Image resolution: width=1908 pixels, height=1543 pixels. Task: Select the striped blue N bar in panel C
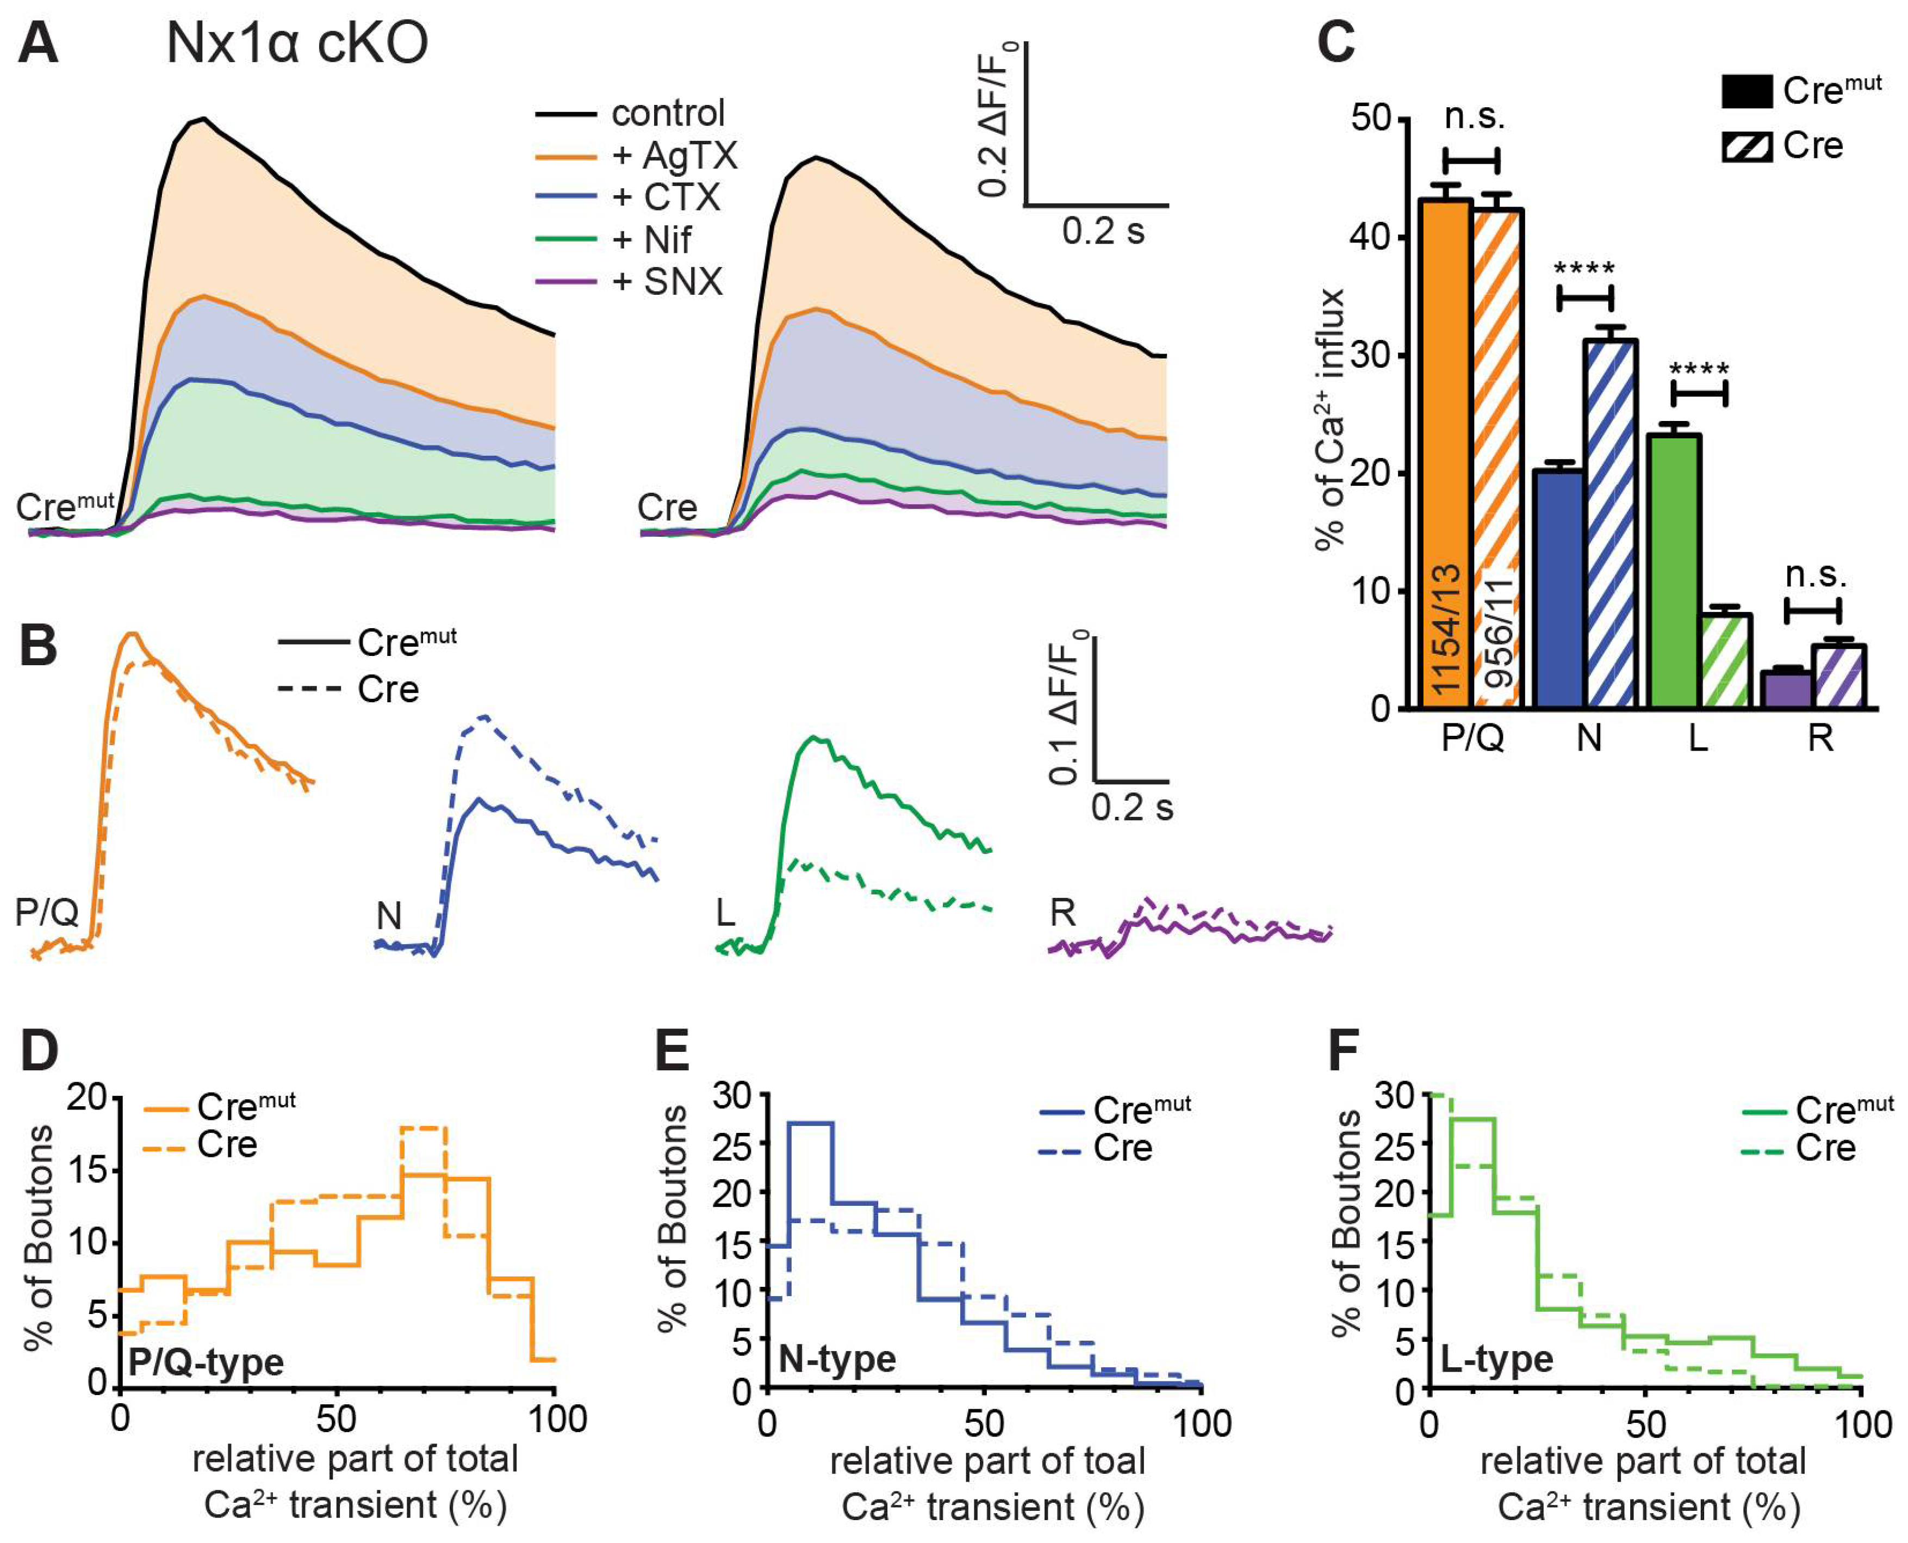(x=1610, y=524)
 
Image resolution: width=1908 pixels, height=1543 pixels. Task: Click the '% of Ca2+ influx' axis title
(x=1331, y=419)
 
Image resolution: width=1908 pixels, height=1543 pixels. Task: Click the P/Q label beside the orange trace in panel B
(x=46, y=912)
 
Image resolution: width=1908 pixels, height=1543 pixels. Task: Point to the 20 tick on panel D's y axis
(x=86, y=1098)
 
